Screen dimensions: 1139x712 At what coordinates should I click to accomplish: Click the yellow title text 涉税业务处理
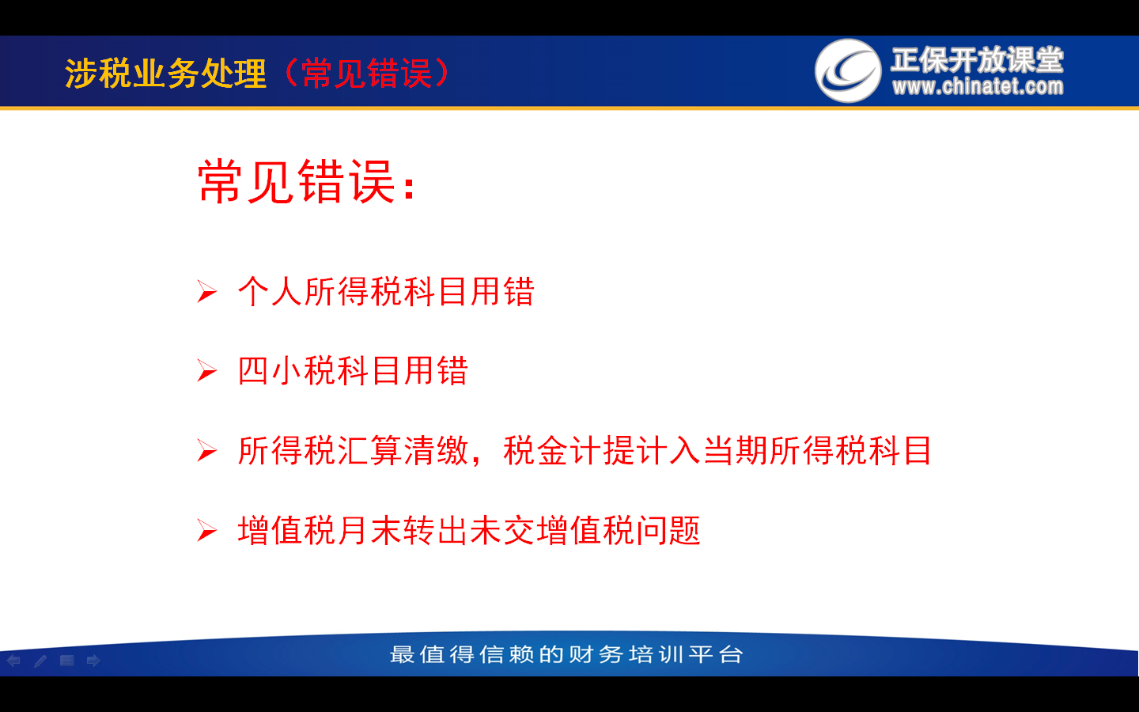tap(166, 74)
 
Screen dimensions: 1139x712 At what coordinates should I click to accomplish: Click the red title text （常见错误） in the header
tap(367, 74)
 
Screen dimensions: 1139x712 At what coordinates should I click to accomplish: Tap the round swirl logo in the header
tap(848, 70)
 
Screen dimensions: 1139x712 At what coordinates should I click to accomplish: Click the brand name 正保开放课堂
tap(977, 59)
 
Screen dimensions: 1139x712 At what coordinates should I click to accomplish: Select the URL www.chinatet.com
tap(978, 86)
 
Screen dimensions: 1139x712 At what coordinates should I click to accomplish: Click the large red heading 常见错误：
tap(307, 182)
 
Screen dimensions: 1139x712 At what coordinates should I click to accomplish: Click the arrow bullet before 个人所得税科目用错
tap(207, 292)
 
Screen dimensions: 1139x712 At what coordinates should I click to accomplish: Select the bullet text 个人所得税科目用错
tap(386, 291)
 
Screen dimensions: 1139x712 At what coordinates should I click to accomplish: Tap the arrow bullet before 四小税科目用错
tap(207, 371)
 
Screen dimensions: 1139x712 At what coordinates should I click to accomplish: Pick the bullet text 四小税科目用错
tap(353, 370)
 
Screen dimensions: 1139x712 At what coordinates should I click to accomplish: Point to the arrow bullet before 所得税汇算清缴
tap(207, 451)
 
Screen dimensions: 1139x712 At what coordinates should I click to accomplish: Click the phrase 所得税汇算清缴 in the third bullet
tap(353, 451)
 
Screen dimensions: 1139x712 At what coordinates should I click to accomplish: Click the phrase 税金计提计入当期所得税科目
tap(717, 451)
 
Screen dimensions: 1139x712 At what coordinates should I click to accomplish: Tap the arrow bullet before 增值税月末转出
tap(207, 530)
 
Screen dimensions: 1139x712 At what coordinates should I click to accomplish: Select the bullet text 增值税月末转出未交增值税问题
tap(469, 530)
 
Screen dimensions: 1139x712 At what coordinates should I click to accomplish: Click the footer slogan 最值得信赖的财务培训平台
tap(566, 654)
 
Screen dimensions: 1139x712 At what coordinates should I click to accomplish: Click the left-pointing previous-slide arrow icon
tap(13, 661)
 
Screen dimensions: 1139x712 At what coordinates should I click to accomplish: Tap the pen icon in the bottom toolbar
tap(40, 661)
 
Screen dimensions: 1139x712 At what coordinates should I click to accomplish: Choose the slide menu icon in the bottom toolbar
tap(66, 661)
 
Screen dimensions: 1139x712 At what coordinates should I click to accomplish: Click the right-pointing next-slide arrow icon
tap(93, 661)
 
